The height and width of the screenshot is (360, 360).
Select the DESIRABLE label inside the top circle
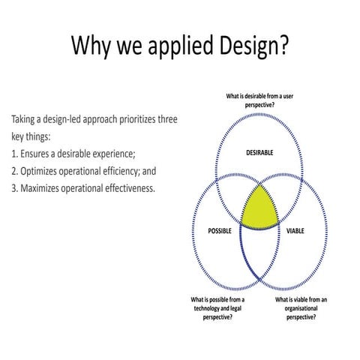tap(259, 152)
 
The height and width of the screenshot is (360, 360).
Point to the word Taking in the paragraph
tap(25, 120)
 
